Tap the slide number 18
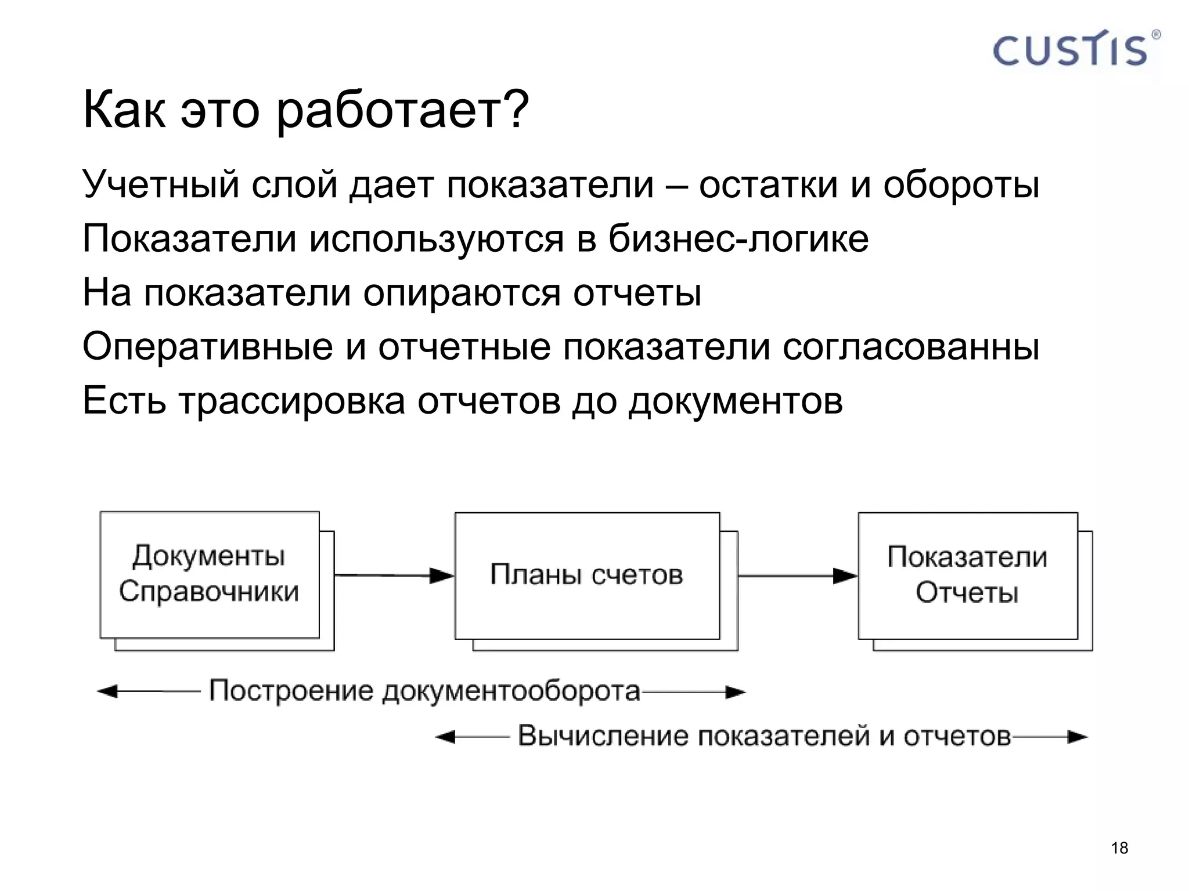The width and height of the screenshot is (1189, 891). tap(1119, 848)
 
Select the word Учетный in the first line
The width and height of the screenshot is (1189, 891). tap(161, 184)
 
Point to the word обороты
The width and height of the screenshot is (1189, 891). tap(961, 184)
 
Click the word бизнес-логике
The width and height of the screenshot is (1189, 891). tap(738, 238)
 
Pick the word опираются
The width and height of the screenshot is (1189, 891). tap(462, 292)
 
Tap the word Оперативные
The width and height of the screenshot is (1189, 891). tap(207, 346)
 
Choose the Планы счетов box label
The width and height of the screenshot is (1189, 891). tap(586, 575)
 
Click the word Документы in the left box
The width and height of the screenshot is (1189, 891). tap(209, 556)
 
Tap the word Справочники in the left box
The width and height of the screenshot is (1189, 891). tap(209, 592)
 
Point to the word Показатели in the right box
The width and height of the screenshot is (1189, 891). tap(967, 557)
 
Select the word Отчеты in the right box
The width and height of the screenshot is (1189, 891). tap(967, 593)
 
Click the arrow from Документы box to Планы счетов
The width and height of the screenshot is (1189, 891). tap(394, 575)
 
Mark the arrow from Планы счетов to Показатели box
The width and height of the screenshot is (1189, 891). tap(797, 576)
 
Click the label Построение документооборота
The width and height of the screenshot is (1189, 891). tap(424, 691)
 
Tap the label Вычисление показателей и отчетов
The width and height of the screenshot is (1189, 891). tap(764, 736)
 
